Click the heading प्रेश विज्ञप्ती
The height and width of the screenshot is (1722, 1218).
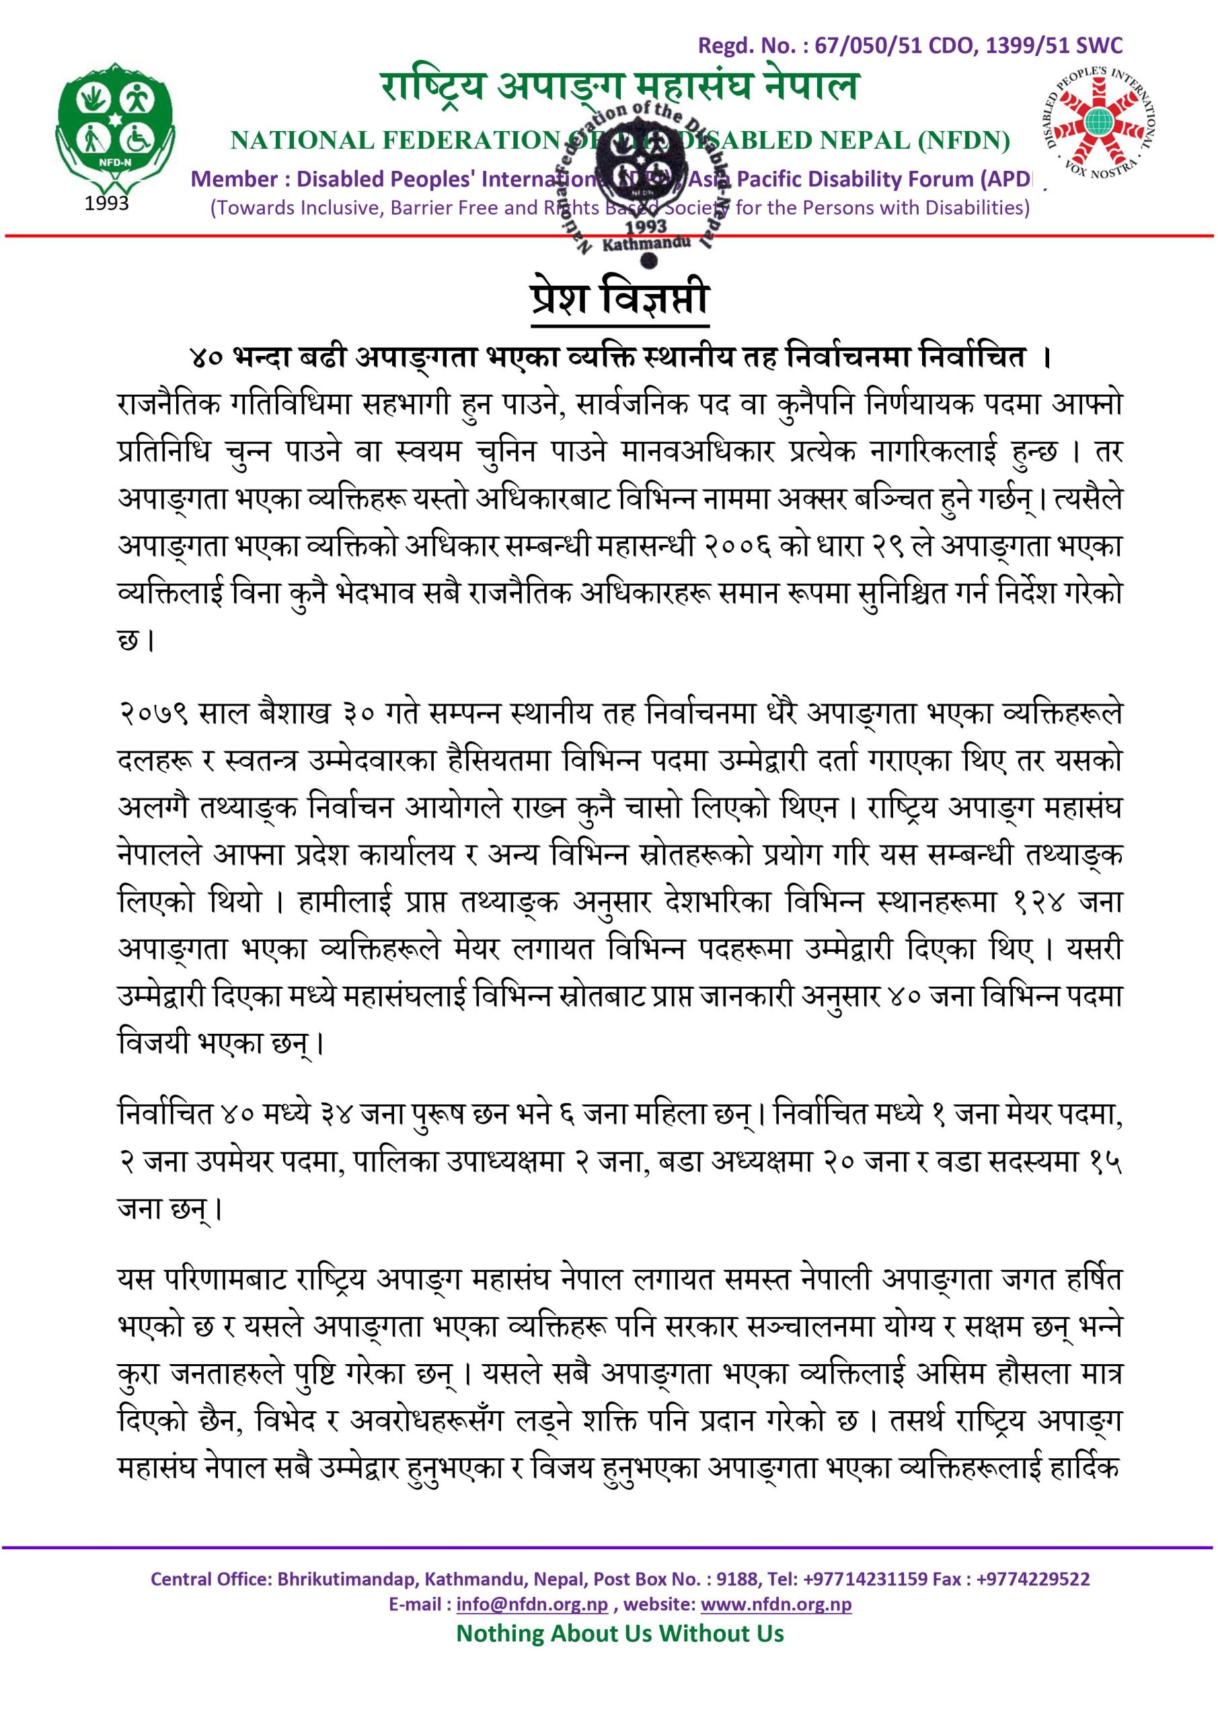[619, 301]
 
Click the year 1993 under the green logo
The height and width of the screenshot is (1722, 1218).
[106, 203]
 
